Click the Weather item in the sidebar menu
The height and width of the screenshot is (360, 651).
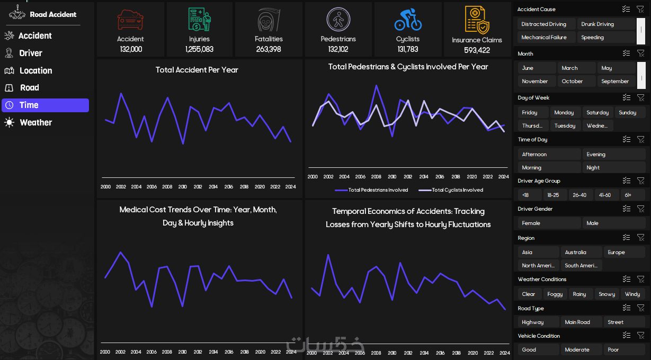(29, 122)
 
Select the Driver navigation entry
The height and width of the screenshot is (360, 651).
(24, 53)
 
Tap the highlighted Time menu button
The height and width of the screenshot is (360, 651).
(46, 105)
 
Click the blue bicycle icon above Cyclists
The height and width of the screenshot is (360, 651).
(408, 20)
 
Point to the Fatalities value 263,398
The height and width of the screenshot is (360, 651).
(269, 49)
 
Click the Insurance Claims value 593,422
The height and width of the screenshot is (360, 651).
(477, 50)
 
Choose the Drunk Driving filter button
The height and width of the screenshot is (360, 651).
(605, 24)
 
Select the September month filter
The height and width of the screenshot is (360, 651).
(617, 82)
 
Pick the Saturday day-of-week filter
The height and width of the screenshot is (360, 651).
(597, 112)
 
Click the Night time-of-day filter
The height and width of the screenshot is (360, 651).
(613, 168)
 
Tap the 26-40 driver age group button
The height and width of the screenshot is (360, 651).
(579, 195)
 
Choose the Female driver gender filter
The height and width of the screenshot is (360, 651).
(549, 223)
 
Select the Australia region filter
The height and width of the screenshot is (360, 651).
(581, 252)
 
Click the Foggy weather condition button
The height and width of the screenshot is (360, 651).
(555, 294)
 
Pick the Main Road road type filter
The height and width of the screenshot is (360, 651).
(581, 322)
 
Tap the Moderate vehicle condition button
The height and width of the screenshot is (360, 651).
(581, 349)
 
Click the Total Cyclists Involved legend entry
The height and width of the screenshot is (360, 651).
(451, 190)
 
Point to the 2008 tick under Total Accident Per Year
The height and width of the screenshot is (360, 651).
(167, 187)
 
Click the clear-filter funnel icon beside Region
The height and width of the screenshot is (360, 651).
(641, 238)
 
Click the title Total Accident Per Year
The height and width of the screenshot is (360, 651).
(197, 70)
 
